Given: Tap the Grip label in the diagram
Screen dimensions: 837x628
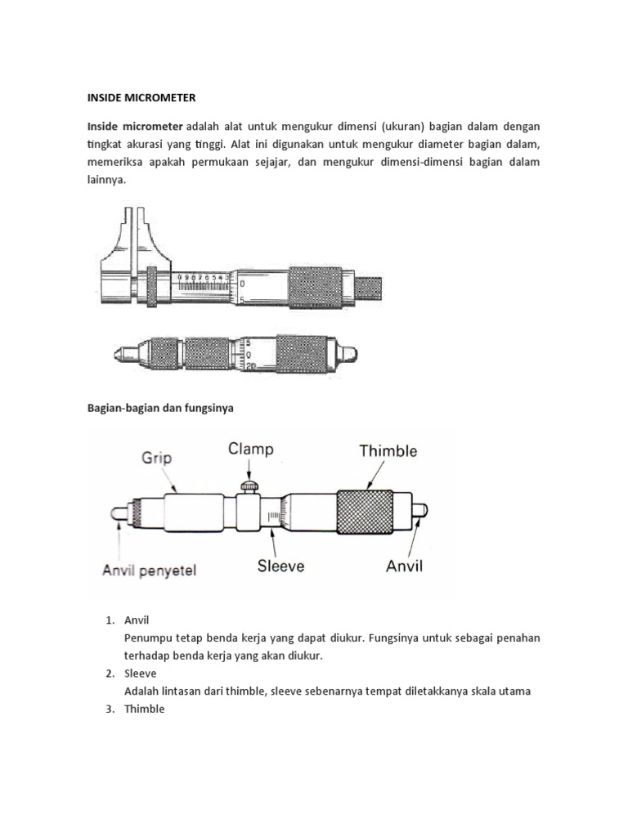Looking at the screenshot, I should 156,458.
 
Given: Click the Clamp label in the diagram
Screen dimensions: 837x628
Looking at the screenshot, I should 251,449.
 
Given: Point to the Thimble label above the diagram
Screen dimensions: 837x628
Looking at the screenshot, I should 388,451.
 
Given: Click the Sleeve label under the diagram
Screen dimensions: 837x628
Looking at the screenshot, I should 280,566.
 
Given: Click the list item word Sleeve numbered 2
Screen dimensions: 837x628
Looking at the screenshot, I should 141,674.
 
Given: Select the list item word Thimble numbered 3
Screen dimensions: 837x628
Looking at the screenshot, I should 145,709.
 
